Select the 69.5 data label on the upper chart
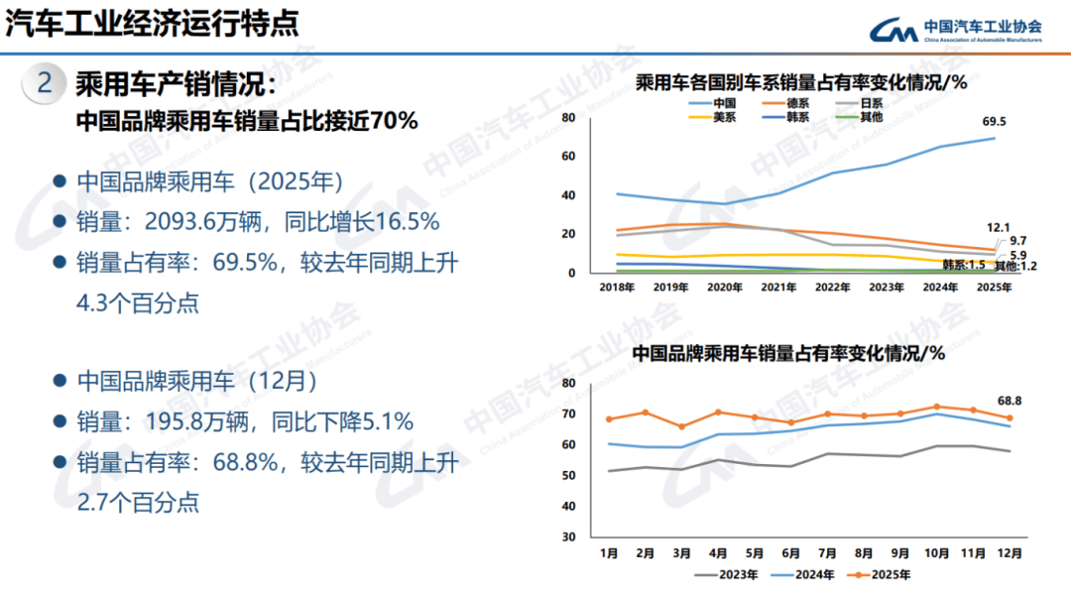coord(994,122)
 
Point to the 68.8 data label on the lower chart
coord(1010,400)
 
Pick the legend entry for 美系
coord(724,117)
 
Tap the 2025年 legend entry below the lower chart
coord(881,572)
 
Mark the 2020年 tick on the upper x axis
coord(725,288)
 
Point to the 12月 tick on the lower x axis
coord(1010,551)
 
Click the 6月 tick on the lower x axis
coord(790,551)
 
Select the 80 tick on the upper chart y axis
coord(569,117)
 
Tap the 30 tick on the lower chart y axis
coord(569,536)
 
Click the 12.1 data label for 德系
coord(998,228)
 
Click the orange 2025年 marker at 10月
coord(936,407)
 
